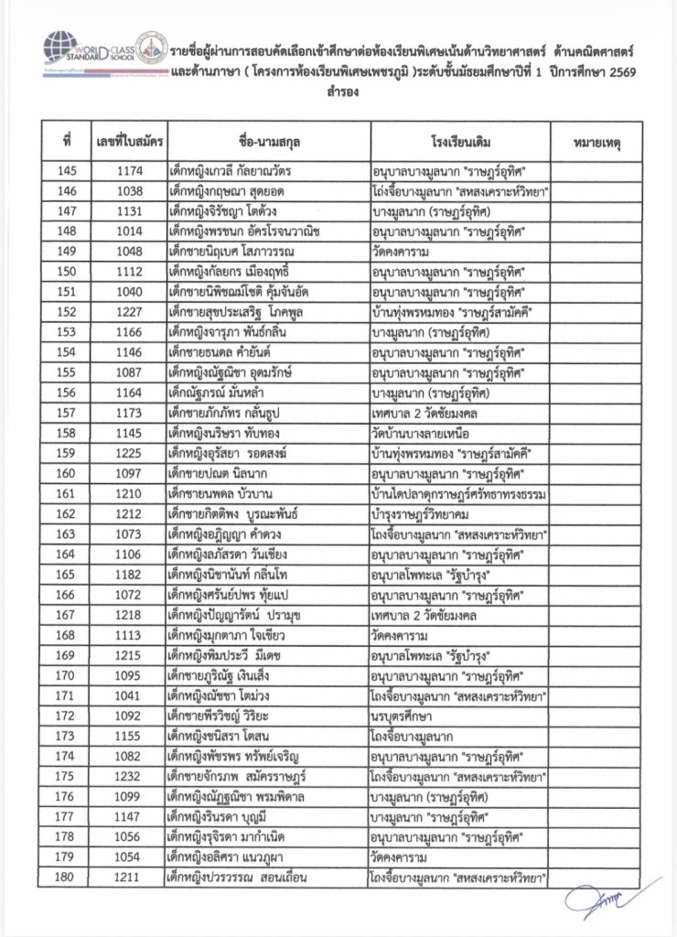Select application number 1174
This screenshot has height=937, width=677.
click(129, 171)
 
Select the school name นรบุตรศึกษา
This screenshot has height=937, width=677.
click(406, 715)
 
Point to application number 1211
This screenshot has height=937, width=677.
click(129, 876)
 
